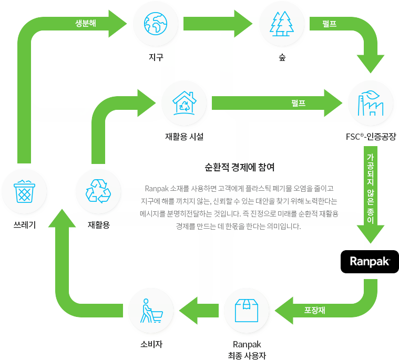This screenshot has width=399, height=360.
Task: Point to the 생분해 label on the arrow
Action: point(86,23)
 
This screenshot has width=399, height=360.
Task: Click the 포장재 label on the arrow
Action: point(314,310)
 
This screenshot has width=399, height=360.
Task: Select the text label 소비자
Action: point(151,345)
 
